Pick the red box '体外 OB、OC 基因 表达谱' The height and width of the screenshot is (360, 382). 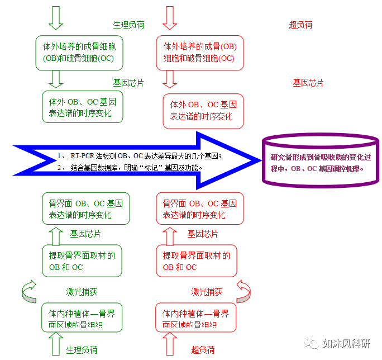point(204,111)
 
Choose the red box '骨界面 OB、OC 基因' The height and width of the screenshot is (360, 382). point(201,209)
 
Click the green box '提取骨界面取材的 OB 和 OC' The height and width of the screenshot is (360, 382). point(82,261)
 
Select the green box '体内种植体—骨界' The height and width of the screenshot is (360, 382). point(82,318)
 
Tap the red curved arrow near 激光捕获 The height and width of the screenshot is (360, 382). point(243,290)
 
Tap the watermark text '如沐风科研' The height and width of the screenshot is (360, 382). point(347,343)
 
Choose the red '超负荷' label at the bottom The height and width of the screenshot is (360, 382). point(203,350)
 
